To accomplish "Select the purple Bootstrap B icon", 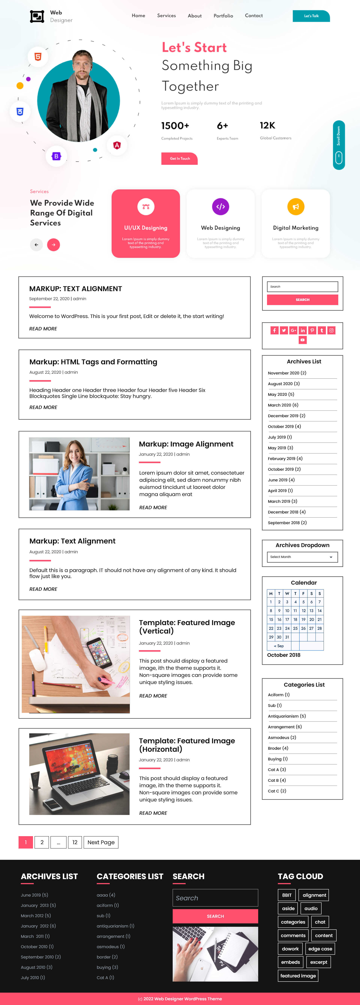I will tap(56, 156).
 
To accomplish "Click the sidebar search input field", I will tap(302, 287).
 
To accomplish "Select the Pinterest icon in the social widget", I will tap(312, 330).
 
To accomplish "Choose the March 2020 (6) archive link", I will tap(283, 405).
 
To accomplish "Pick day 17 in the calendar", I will tap(287, 619).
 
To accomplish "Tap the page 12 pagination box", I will tap(75, 842).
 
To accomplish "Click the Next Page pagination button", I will tap(101, 842).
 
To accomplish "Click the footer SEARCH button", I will tap(215, 916).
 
